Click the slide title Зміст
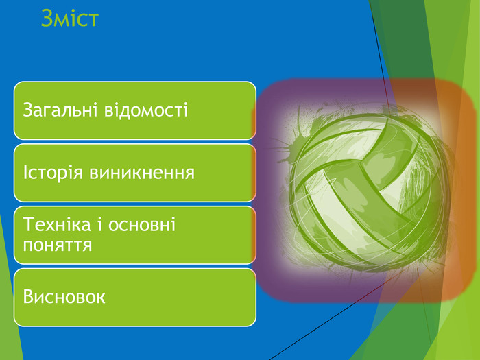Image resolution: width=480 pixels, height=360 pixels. point(69,19)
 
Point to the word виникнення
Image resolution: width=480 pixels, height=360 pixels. point(141,172)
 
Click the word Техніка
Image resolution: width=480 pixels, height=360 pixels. point(55,225)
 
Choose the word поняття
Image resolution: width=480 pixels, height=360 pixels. point(58,244)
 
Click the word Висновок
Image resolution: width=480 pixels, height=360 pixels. point(64,297)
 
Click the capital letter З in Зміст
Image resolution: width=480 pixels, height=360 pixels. point(47,19)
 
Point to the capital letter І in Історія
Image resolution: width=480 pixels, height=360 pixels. point(25,172)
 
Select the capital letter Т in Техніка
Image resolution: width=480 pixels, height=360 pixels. point(28,225)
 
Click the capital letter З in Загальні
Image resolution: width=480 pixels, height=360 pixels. point(28,110)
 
